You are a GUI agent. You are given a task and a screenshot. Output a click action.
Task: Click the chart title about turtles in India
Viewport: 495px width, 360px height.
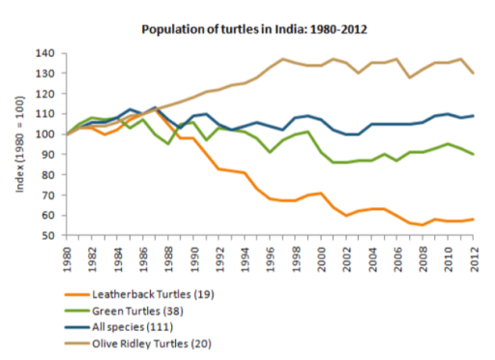click(254, 30)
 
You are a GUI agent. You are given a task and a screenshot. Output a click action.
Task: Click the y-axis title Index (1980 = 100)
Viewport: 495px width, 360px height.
click(20, 143)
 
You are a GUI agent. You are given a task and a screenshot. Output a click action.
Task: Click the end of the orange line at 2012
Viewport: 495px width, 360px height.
click(472, 219)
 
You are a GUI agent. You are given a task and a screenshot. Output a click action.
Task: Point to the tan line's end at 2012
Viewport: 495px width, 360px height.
click(472, 74)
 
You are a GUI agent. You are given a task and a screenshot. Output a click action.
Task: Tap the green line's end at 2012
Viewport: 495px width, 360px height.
click(472, 155)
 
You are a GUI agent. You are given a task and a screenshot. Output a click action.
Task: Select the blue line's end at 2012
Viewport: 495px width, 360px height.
click(472, 116)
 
